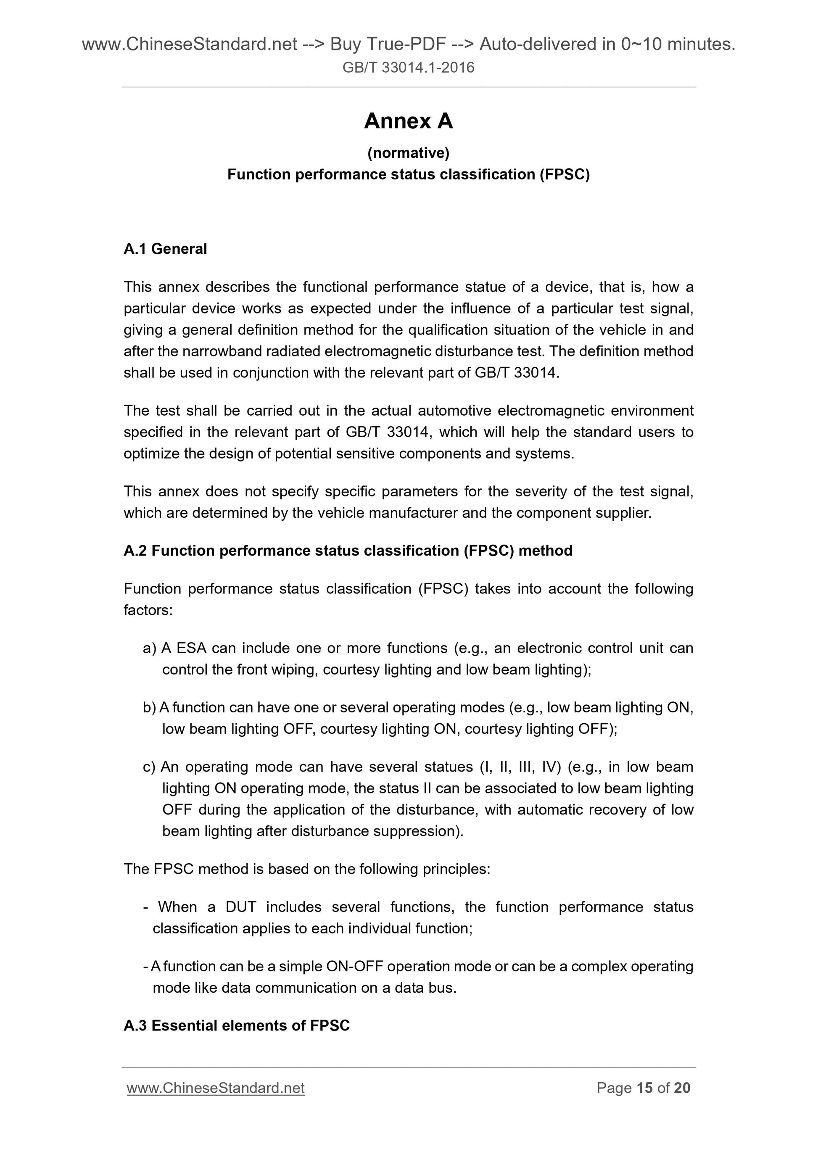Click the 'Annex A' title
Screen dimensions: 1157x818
click(x=408, y=121)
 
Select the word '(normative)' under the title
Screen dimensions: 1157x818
click(x=408, y=152)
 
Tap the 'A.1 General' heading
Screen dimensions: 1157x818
click(x=165, y=249)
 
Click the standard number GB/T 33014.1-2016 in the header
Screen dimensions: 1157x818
click(x=408, y=68)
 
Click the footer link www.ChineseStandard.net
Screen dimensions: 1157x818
click(x=216, y=1088)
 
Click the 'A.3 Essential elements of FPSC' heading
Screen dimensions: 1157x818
click(x=236, y=1025)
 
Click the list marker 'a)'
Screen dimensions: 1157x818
click(x=150, y=648)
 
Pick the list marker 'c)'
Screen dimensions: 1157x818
click(x=149, y=767)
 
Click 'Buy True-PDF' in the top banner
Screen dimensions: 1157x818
click(x=388, y=45)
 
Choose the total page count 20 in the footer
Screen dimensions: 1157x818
click(x=682, y=1088)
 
